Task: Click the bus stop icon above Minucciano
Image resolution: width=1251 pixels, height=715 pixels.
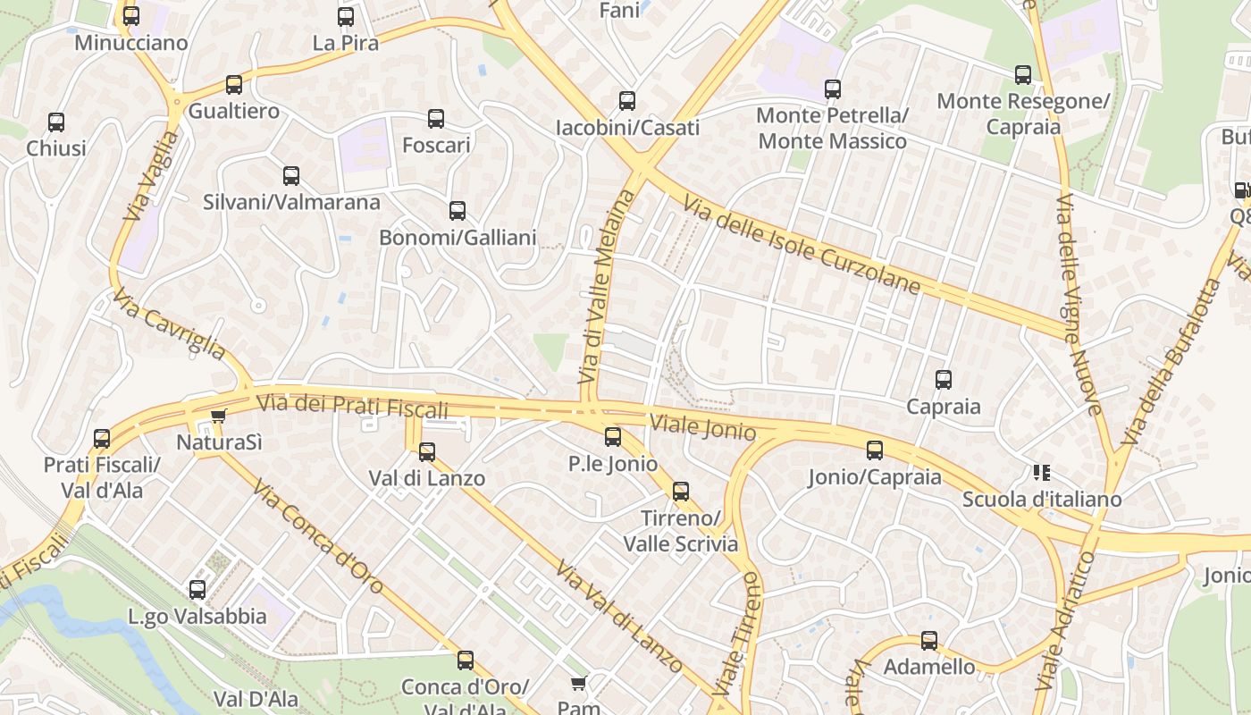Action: pos(131,15)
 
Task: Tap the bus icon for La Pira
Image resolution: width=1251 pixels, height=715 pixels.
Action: pos(346,16)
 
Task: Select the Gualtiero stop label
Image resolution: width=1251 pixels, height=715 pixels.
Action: pos(233,112)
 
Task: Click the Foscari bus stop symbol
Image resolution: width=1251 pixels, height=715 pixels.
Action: pos(436,118)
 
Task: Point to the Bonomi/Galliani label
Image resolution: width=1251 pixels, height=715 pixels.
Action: pos(458,238)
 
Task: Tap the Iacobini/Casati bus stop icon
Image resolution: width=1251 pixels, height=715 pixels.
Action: pos(627,100)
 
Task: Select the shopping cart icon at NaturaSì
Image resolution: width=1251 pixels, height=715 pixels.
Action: pos(218,416)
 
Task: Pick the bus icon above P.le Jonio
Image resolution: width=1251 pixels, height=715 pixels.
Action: pos(613,436)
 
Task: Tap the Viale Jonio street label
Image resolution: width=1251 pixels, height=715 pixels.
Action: pos(703,427)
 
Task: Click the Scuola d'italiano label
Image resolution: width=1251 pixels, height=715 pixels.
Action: pos(1041,500)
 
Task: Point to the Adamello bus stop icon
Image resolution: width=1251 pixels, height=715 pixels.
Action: pos(929,640)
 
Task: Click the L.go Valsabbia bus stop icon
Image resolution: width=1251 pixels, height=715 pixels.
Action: pos(197,590)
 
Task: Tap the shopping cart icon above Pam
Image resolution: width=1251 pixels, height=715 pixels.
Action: pos(578,684)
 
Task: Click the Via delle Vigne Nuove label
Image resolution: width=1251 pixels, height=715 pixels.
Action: pos(1079,304)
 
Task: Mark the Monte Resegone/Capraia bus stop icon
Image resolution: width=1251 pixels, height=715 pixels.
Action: pos(1023,75)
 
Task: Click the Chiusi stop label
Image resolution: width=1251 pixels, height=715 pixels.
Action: pos(56,148)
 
